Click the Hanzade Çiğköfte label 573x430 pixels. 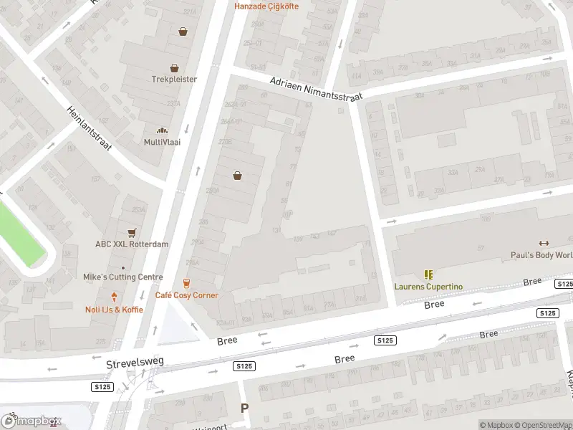point(266,6)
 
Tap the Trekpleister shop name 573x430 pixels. point(174,80)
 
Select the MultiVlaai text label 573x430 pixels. point(163,142)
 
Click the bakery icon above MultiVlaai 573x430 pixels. point(163,130)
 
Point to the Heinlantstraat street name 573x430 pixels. point(90,128)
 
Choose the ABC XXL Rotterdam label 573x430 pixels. point(132,244)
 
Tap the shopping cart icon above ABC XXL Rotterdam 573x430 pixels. point(132,233)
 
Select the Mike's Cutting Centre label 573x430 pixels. point(123,277)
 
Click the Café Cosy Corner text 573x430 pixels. point(187,295)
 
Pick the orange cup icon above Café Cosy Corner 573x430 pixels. point(187,283)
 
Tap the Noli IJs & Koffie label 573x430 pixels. point(114,310)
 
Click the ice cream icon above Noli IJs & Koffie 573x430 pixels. point(114,297)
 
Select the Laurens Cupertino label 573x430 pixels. point(428,287)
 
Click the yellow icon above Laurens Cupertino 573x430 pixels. point(428,274)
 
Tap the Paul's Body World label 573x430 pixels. point(541,255)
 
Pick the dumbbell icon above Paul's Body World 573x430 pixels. point(542,243)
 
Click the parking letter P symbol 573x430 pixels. point(244,408)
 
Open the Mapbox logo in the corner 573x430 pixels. point(32,421)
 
